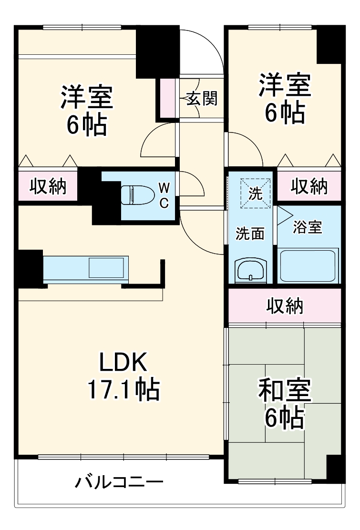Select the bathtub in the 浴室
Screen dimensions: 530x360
pos(309,266)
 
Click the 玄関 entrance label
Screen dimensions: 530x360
pos(201,99)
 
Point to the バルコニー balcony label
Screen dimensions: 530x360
pos(119,482)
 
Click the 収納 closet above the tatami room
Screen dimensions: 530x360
pos(285,306)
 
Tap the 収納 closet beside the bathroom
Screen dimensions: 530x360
pos(310,187)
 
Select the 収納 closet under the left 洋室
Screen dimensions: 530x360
pos(48,187)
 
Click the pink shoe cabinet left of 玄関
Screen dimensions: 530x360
pos(167,98)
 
